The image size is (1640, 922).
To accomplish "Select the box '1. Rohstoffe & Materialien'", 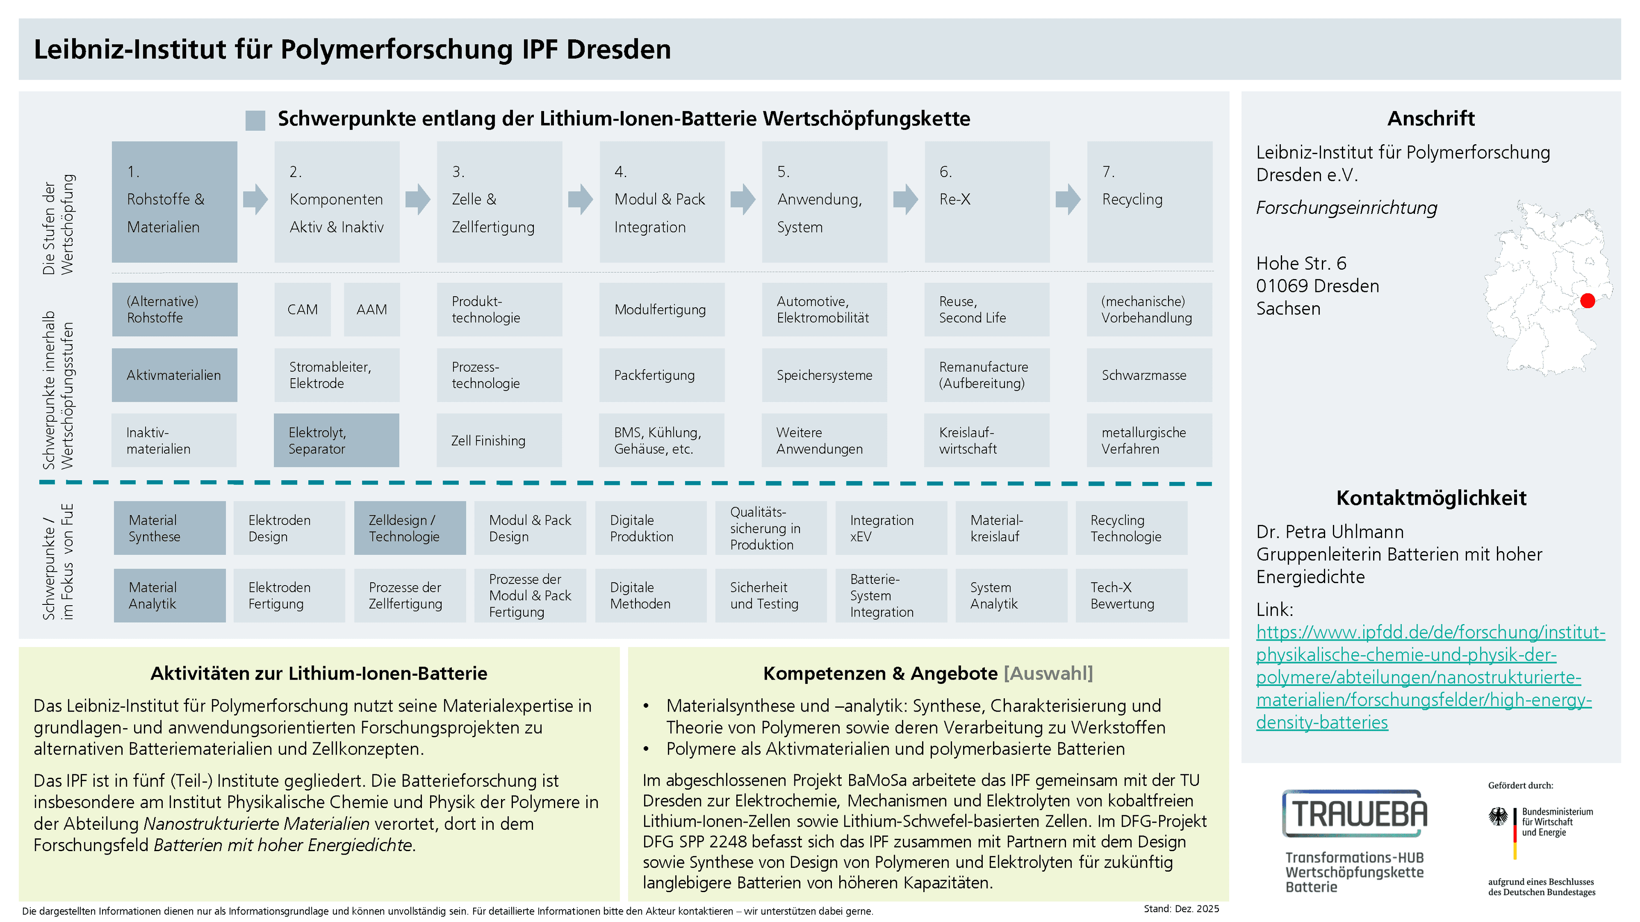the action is (174, 202).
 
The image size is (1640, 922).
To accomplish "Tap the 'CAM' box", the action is (302, 309).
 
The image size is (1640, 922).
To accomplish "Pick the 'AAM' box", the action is (372, 309).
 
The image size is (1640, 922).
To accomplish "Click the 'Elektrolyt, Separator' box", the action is (336, 441).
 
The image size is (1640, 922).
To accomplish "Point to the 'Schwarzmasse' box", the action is (1149, 375).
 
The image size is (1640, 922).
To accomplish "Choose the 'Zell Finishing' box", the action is (499, 441).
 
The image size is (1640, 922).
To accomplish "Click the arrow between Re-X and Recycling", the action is (1068, 199).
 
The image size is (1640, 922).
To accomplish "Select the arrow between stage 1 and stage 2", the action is (255, 199).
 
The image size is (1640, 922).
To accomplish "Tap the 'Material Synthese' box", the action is (170, 528).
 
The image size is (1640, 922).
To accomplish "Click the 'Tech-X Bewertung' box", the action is (1131, 595).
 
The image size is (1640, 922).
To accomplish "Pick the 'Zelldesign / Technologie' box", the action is (410, 528).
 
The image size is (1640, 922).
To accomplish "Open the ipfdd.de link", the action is (1430, 677).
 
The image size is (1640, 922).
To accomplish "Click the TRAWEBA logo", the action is (1355, 813).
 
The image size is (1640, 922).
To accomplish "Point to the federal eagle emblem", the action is (1498, 817).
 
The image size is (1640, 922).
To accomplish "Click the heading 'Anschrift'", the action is (1431, 118).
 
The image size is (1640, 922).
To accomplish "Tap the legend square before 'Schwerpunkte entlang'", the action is (255, 120).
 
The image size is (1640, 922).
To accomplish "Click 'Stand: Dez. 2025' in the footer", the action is (1181, 909).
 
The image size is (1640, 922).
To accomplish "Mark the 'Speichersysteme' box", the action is (824, 375).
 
